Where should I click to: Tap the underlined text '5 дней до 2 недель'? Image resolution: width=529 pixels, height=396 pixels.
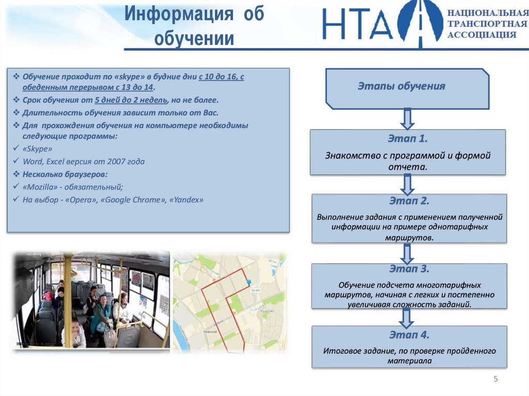coord(130,100)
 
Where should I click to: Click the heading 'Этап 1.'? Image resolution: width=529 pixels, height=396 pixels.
coord(408,139)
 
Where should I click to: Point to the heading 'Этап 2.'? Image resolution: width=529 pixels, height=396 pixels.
coord(409,201)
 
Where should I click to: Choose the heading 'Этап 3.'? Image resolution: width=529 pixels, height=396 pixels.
coord(409,269)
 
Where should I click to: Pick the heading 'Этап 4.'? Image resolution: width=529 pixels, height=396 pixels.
coord(409,335)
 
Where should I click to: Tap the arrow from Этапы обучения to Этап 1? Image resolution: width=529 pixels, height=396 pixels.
coord(408,119)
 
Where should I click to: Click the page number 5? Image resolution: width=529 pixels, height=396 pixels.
coord(495,379)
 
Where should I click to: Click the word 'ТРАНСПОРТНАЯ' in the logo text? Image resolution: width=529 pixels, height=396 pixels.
coord(487,24)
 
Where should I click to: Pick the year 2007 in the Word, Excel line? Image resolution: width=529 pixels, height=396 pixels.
coord(110,162)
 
